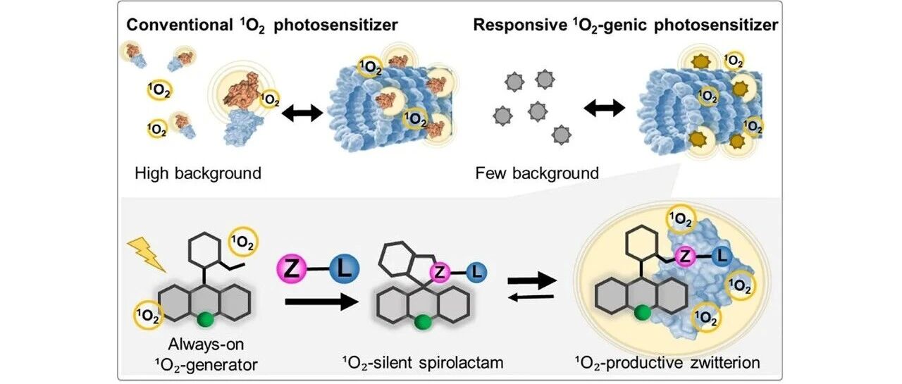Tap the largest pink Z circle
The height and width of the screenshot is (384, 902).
292,268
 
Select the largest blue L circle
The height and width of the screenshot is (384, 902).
345,268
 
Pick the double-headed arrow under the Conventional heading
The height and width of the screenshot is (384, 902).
302,113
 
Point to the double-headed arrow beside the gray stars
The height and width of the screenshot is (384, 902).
604,108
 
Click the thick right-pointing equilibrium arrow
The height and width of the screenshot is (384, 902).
532,280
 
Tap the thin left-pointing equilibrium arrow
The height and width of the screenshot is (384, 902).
531,297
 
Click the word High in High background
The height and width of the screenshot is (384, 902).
152,173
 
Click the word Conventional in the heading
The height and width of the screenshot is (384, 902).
180,25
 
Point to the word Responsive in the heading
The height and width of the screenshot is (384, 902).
520,25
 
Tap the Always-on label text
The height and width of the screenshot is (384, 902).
206,344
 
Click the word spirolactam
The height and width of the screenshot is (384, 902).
461,363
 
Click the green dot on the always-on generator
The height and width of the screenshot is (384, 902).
206,319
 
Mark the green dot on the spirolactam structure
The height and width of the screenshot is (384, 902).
423,323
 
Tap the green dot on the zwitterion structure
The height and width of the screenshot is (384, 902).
642,313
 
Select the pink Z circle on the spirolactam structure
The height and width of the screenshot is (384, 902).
440,273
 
